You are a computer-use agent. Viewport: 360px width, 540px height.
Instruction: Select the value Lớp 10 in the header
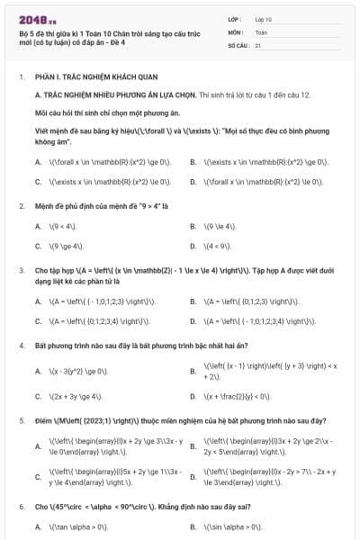point(264,18)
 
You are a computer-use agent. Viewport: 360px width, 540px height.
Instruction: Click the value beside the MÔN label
point(261,31)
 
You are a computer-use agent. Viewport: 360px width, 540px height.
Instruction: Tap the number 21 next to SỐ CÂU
point(258,44)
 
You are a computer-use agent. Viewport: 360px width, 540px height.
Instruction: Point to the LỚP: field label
point(235,18)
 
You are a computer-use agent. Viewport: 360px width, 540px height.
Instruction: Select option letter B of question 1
point(193,162)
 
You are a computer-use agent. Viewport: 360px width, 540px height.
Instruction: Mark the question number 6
point(21,507)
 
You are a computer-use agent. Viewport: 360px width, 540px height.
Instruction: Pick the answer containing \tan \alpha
point(85,526)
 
